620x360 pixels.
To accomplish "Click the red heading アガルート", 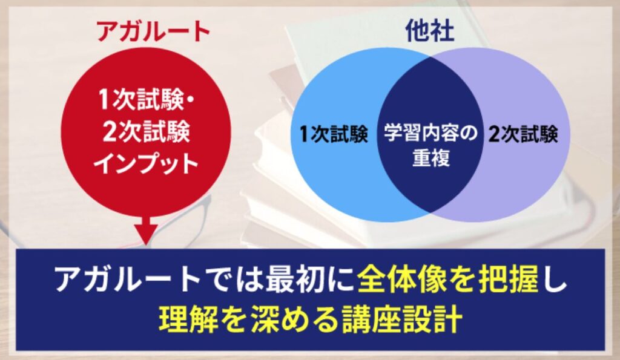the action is pyautogui.click(x=153, y=31).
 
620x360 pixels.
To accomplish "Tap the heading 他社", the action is pyautogui.click(x=430, y=30).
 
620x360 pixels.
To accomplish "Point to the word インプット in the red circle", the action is pyautogui.click(x=146, y=163).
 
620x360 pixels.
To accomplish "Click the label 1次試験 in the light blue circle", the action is pyautogui.click(x=334, y=134).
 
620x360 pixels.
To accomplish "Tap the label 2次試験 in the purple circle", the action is pyautogui.click(x=523, y=134).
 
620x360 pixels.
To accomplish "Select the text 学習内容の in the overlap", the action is pyautogui.click(x=431, y=133).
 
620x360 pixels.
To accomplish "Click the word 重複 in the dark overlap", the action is pyautogui.click(x=431, y=158).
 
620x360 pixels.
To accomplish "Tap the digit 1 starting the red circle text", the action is pyautogui.click(x=104, y=100).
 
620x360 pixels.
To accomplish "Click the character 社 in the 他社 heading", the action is pyautogui.click(x=442, y=30).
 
